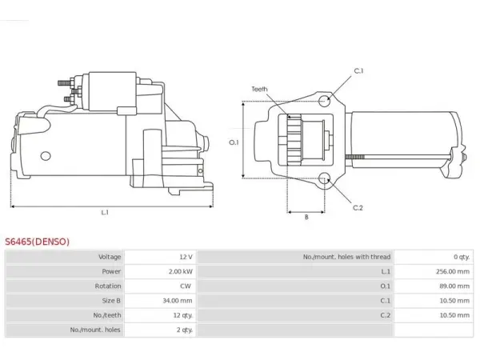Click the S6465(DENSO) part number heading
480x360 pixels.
[x=37, y=242]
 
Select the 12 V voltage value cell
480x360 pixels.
[x=186, y=257]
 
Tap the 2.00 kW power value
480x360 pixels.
[x=181, y=271]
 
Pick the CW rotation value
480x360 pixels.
[x=186, y=286]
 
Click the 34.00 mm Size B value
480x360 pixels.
[x=178, y=301]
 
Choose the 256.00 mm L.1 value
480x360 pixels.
[x=453, y=271]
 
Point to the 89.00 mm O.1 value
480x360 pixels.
[x=454, y=286]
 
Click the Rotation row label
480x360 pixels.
[x=108, y=286]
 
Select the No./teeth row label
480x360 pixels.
[x=107, y=315]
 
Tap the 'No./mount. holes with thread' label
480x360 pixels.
[x=347, y=257]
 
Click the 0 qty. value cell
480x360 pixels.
[x=462, y=257]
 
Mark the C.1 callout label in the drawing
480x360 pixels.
[x=358, y=70]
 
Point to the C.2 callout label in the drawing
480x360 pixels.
[x=358, y=208]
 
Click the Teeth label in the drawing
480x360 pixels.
[x=259, y=89]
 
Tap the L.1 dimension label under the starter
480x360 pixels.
[x=105, y=212]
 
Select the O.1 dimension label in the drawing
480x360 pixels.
[x=234, y=142]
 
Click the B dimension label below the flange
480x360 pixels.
[x=306, y=217]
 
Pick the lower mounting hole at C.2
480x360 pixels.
[x=324, y=178]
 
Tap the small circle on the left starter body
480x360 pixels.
[x=46, y=156]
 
